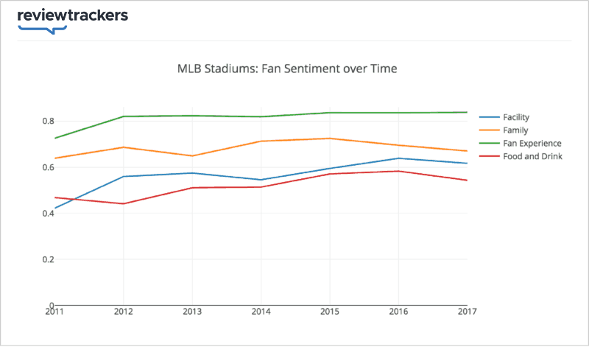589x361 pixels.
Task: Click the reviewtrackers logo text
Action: click(72, 15)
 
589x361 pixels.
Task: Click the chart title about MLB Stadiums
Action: click(287, 69)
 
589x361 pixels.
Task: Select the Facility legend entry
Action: click(516, 117)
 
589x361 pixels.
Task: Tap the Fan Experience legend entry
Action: click(532, 143)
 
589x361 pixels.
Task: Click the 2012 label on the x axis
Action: click(123, 312)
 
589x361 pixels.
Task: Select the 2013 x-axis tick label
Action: click(191, 312)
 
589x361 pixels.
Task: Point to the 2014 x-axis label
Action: click(261, 312)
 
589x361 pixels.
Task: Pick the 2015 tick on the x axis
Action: click(329, 312)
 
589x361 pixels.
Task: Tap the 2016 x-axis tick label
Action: click(398, 312)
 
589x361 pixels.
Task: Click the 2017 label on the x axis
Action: click(466, 312)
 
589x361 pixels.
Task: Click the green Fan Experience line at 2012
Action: click(123, 116)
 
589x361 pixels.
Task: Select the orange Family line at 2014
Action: click(261, 141)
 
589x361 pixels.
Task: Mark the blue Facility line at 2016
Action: click(398, 158)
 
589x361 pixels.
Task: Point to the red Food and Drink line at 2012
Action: click(123, 203)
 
